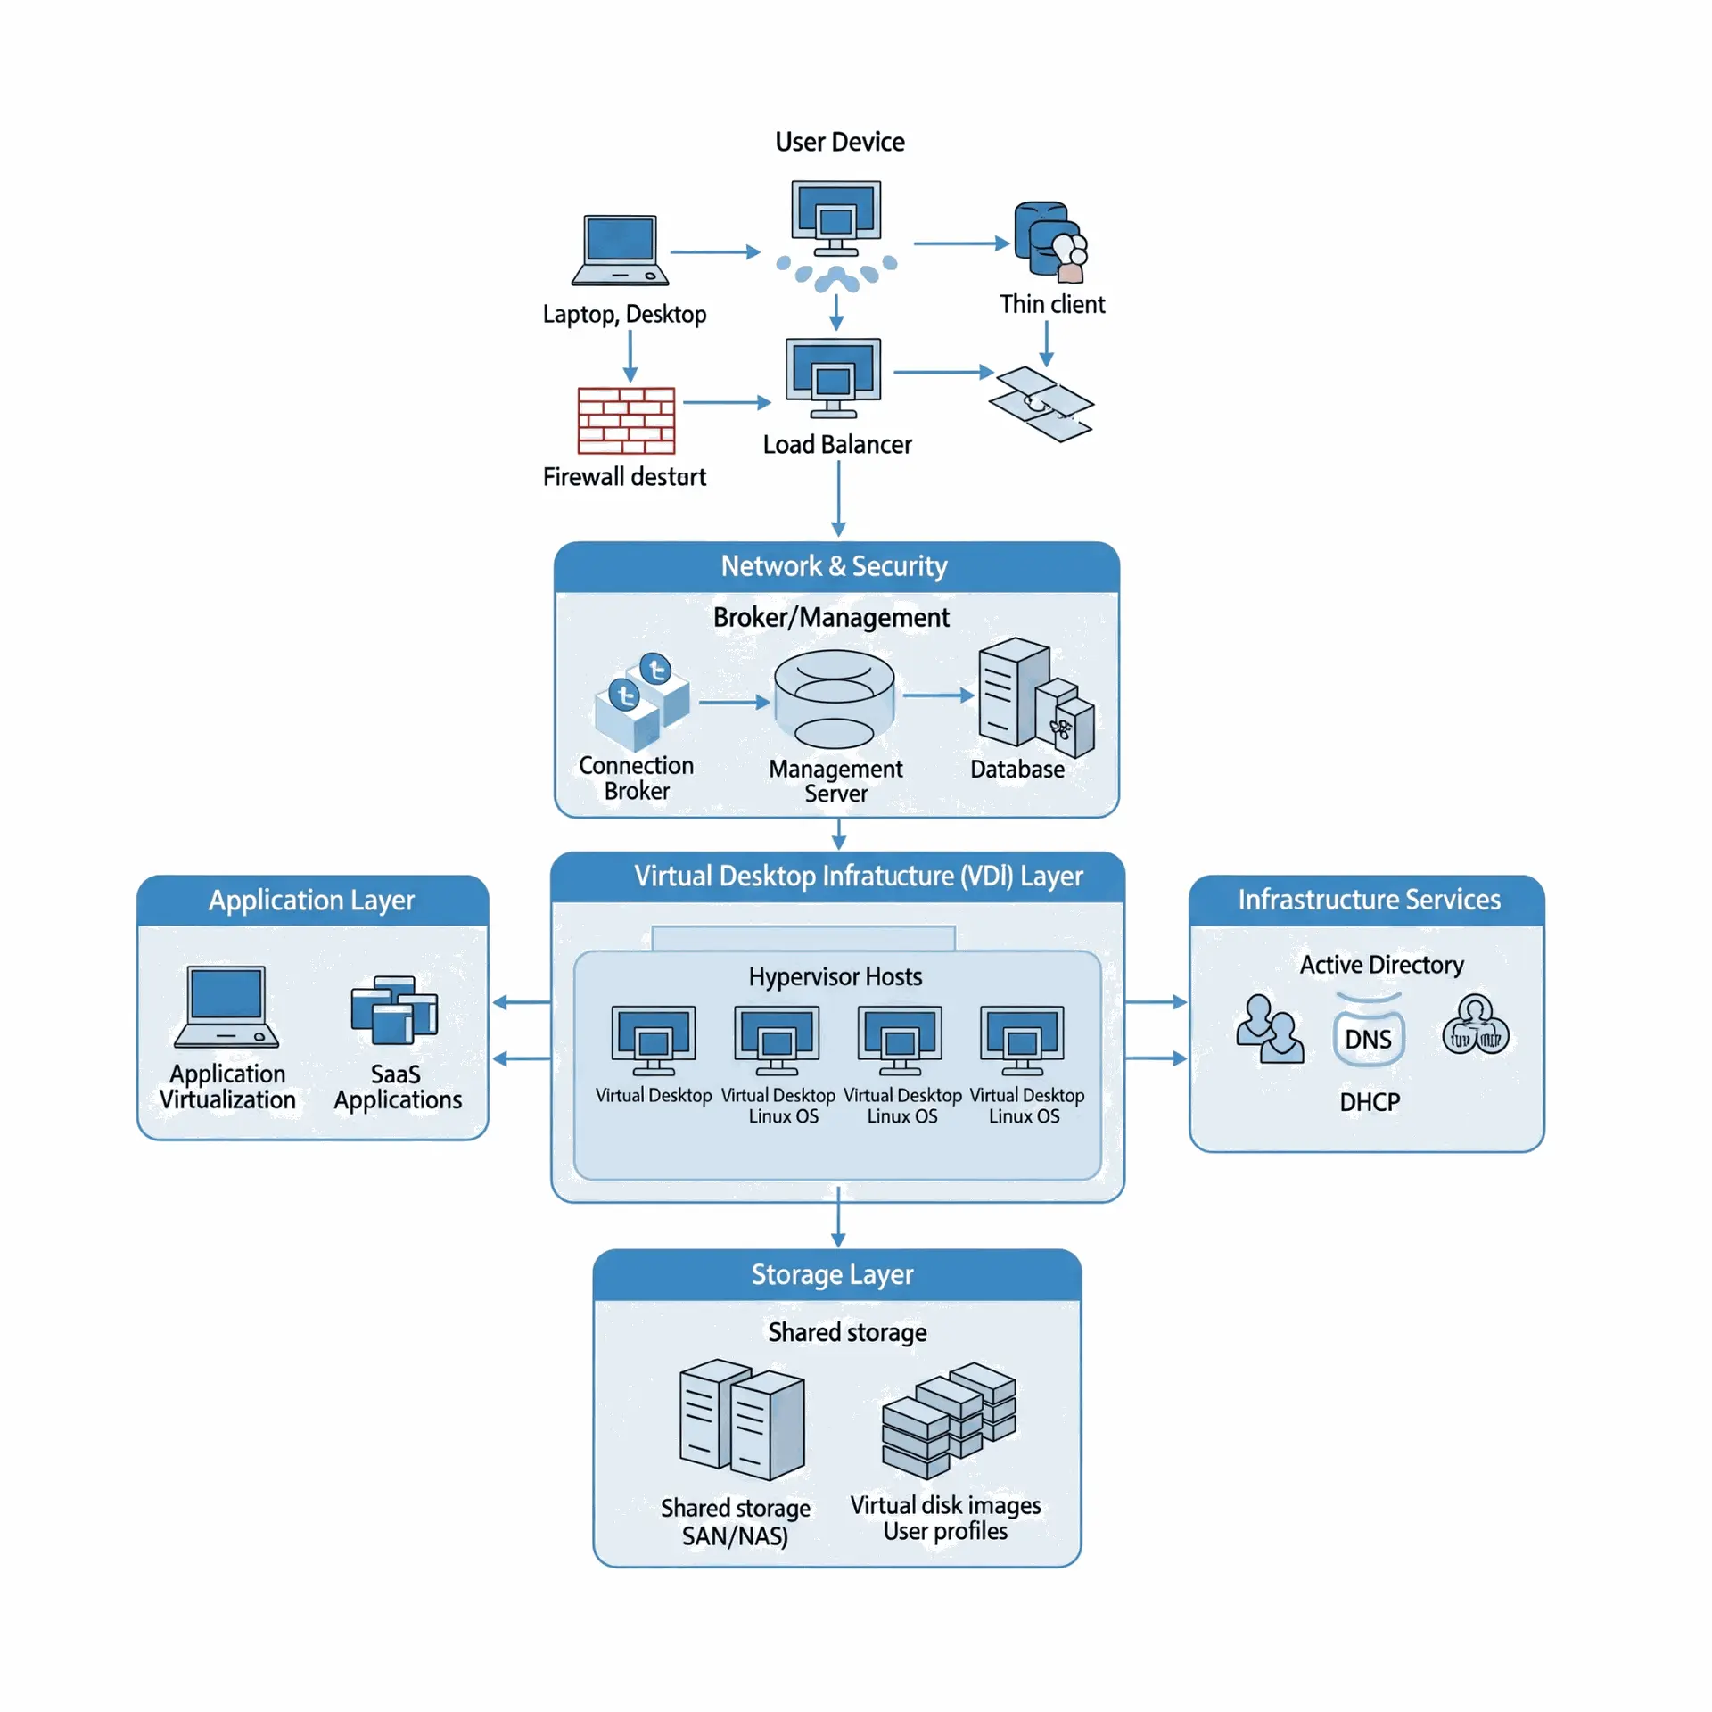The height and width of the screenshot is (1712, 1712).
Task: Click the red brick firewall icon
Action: (x=626, y=420)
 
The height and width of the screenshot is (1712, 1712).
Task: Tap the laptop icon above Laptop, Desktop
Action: (x=620, y=251)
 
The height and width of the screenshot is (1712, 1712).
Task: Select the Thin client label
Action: (x=1051, y=304)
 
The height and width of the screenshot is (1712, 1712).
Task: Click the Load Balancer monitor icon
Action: (x=833, y=377)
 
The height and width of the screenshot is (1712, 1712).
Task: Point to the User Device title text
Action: (x=839, y=142)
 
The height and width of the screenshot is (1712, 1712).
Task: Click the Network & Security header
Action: (x=834, y=566)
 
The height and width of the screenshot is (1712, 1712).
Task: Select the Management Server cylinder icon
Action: (x=834, y=699)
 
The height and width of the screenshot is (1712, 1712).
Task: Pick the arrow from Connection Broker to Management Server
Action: (x=733, y=703)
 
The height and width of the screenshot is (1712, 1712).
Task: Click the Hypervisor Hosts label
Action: (x=835, y=976)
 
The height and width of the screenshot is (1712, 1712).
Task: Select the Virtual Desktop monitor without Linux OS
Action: (x=653, y=1040)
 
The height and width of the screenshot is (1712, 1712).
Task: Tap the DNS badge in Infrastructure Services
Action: (x=1368, y=1039)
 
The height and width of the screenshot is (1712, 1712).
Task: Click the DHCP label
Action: (x=1369, y=1102)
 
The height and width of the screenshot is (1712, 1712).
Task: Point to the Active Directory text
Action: (x=1381, y=965)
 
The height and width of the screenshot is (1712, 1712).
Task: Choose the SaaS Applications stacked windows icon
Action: (x=394, y=1010)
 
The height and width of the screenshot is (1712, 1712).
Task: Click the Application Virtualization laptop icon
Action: (x=226, y=1006)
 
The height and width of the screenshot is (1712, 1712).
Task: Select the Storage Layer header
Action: (x=832, y=1274)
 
